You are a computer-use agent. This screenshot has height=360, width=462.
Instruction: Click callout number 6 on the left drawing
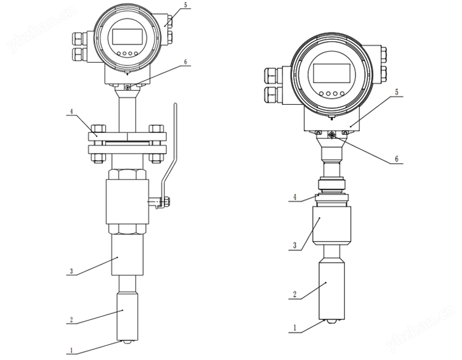pyautogui.click(x=185, y=62)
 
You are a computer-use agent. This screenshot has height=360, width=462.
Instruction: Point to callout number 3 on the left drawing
pyautogui.click(x=71, y=271)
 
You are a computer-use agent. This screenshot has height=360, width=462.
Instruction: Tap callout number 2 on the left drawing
pyautogui.click(x=71, y=320)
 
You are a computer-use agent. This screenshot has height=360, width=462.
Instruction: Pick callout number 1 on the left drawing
pyautogui.click(x=71, y=350)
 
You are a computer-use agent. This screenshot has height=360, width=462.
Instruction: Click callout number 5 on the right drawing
pyautogui.click(x=397, y=92)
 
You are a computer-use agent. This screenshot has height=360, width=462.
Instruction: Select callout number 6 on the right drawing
pyautogui.click(x=397, y=159)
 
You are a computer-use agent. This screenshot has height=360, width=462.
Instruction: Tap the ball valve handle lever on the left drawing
pyautogui.click(x=173, y=148)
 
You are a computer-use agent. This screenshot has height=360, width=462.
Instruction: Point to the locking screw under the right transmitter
pyautogui.click(x=331, y=135)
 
